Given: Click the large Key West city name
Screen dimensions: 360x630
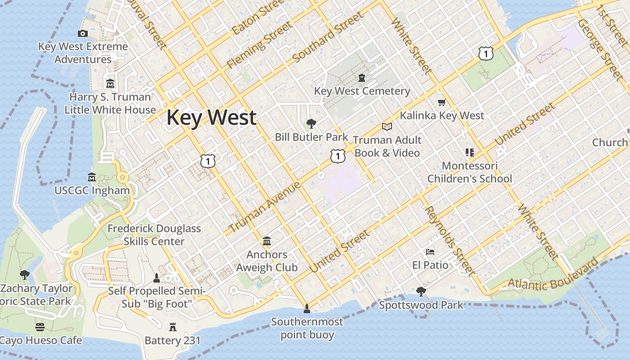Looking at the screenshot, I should coord(211,118).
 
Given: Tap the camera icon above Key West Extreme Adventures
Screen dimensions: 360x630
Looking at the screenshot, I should coord(82,33).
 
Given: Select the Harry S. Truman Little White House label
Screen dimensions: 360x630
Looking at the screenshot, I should coord(110,103).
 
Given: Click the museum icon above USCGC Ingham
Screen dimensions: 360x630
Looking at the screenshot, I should coord(92,177).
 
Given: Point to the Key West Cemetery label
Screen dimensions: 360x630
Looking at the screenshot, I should coord(362,91).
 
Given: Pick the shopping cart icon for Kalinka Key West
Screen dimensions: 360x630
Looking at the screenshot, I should coord(441,103).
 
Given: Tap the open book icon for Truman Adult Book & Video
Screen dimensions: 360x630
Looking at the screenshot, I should coord(387,127).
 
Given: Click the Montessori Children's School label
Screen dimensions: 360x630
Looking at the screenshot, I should coord(469,172).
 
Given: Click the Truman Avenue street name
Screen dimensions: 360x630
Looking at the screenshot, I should coord(265,207).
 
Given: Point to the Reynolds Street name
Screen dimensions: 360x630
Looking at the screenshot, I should coord(449,241).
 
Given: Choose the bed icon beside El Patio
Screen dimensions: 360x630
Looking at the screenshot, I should coord(430,252).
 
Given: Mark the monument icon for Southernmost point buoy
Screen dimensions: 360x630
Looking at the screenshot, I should coord(307,309).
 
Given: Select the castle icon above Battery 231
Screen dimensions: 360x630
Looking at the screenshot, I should coord(173,327).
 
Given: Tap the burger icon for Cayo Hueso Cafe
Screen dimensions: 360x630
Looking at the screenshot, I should coord(40,327).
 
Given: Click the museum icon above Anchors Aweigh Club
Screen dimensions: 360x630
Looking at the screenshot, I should coord(267,242).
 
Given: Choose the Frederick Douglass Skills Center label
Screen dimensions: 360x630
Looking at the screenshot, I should coord(154,235).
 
